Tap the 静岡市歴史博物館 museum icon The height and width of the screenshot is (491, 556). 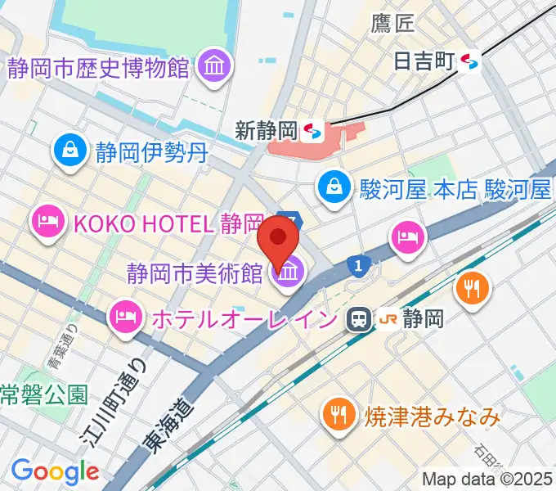tap(214, 67)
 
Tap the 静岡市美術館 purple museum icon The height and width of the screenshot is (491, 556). tap(287, 278)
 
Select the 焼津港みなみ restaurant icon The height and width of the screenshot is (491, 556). tap(338, 415)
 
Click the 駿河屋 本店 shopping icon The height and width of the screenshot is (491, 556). tap(334, 186)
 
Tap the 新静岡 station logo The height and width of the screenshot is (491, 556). tap(310, 129)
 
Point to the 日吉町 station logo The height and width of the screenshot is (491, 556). tap(469, 60)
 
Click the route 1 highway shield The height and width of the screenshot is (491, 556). tap(357, 265)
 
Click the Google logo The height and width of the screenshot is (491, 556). tap(55, 471)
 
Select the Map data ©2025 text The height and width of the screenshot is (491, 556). tap(488, 479)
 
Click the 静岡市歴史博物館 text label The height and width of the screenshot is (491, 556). tap(99, 67)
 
